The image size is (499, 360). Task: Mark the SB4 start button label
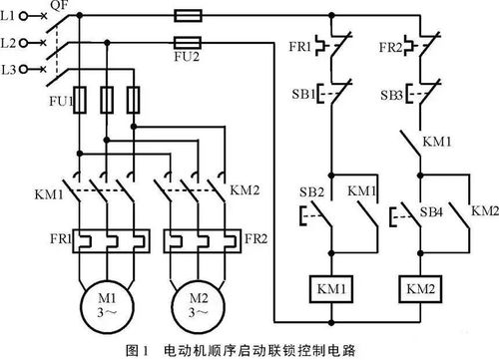click(x=431, y=211)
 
